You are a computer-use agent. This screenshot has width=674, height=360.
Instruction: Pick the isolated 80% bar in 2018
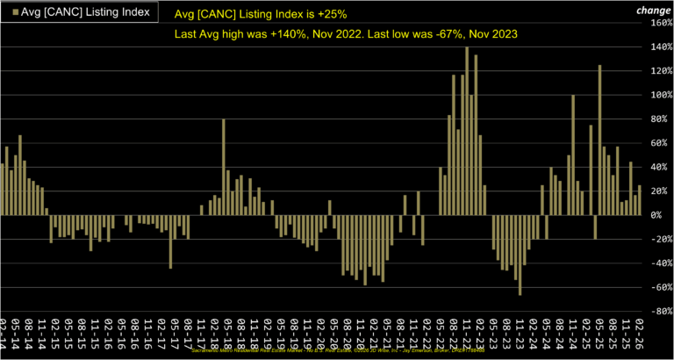click(x=224, y=167)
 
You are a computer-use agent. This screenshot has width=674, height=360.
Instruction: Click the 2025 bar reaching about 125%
click(x=599, y=140)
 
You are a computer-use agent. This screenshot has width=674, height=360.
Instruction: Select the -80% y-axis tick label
click(x=659, y=311)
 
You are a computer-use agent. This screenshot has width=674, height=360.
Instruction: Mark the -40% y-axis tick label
click(x=659, y=263)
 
